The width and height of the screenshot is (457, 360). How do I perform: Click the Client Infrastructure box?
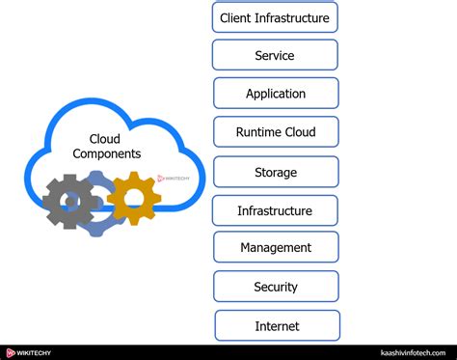(x=275, y=17)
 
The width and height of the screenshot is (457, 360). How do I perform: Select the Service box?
(x=275, y=55)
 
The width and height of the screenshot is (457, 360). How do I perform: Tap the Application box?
(x=276, y=94)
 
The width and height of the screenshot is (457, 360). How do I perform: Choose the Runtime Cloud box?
(x=276, y=132)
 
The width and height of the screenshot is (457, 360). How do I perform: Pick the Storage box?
(x=276, y=172)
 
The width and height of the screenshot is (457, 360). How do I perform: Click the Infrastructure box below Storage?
(x=276, y=210)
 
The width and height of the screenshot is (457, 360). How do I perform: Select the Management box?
(x=276, y=248)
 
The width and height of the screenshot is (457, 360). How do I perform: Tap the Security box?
(x=276, y=287)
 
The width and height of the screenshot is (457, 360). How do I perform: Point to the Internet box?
(x=277, y=325)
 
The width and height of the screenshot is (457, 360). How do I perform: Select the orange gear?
(x=133, y=198)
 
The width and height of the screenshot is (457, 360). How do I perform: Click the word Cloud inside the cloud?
(x=104, y=139)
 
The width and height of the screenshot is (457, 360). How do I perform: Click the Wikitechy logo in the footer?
(x=29, y=352)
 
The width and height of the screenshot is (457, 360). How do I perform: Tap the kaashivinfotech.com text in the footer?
(x=416, y=352)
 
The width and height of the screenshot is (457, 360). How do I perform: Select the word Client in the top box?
(x=237, y=17)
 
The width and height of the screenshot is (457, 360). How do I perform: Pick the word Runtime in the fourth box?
(x=258, y=132)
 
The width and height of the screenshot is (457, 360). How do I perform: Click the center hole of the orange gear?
(x=133, y=198)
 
